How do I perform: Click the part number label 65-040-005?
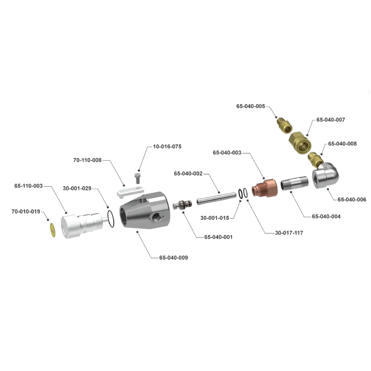point(250,106)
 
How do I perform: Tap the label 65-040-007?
point(330,120)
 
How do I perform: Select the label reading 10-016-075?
point(167,146)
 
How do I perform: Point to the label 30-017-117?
point(289,233)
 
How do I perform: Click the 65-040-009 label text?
point(173,258)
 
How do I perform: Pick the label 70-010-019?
point(26,212)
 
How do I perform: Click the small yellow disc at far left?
point(53,230)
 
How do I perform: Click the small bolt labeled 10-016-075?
point(137,178)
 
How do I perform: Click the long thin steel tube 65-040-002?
point(216,199)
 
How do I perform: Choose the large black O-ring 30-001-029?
point(111,218)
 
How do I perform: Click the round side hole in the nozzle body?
point(156,217)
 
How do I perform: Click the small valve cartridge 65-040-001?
point(182,205)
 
